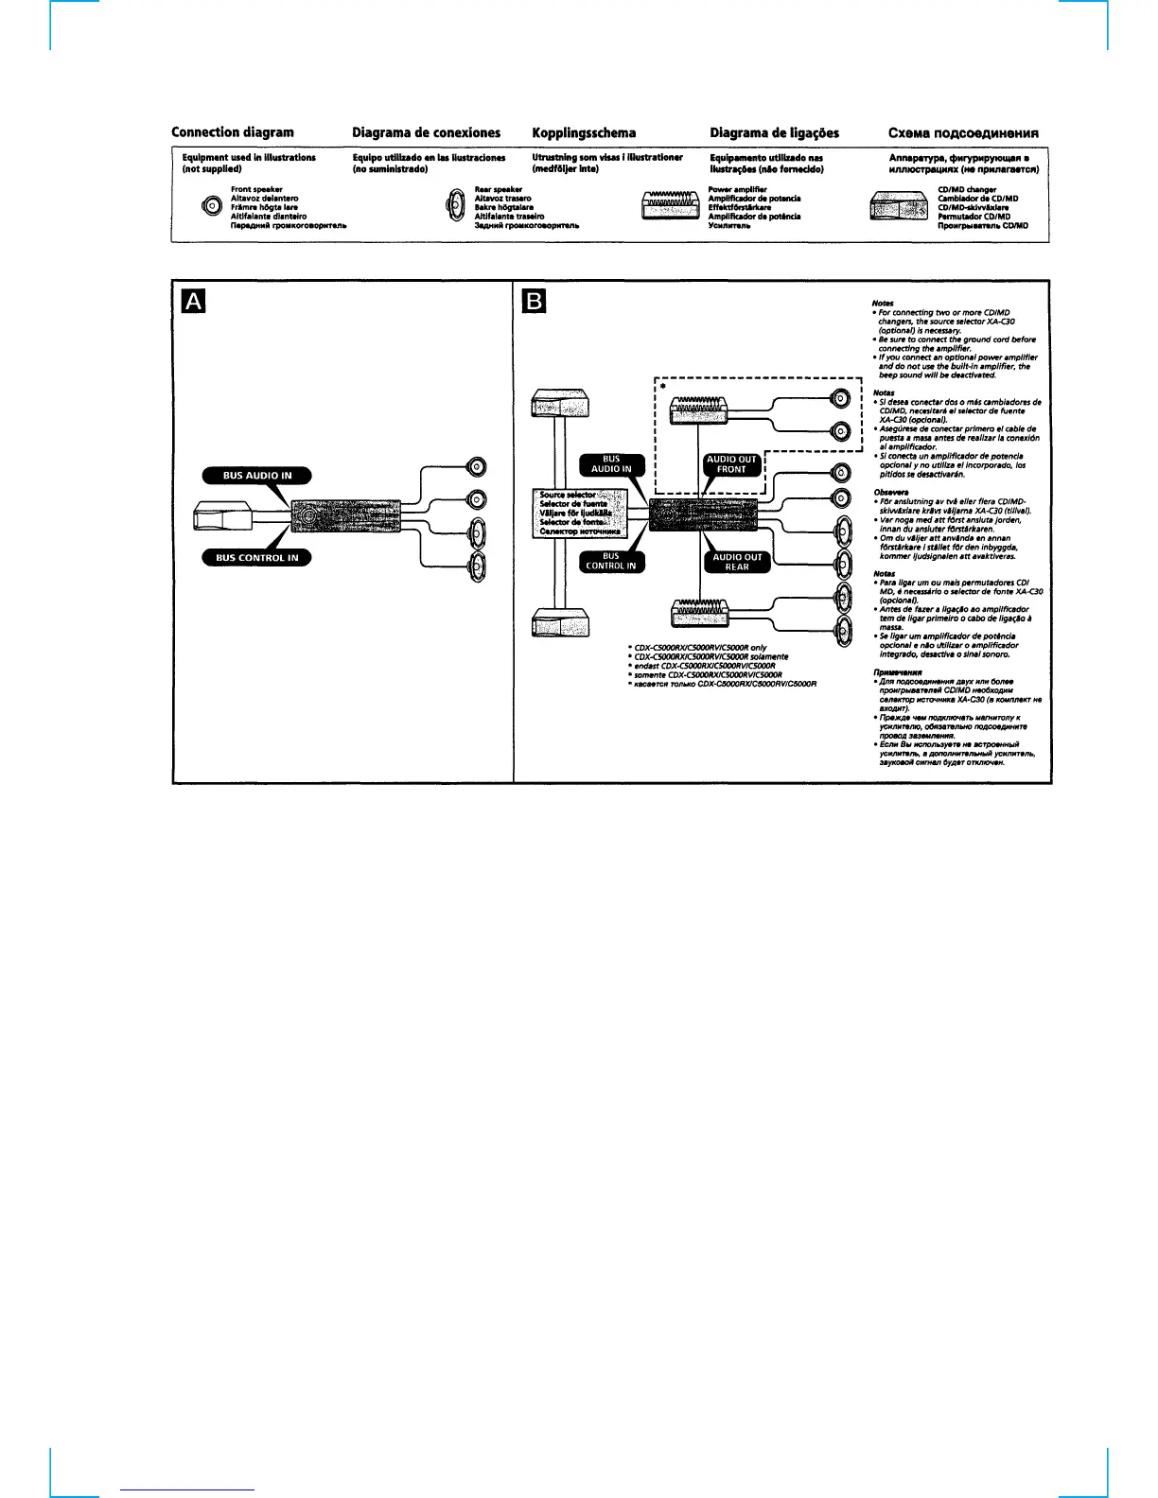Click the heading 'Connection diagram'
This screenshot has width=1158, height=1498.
pyautogui.click(x=232, y=132)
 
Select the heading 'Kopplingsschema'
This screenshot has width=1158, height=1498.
pyautogui.click(x=584, y=132)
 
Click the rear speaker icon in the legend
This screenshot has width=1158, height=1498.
pyautogui.click(x=454, y=207)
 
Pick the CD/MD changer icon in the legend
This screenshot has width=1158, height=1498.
pyautogui.click(x=898, y=207)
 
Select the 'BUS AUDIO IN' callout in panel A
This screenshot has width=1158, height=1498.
pyautogui.click(x=256, y=476)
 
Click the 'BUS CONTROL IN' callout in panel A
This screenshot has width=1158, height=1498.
pyautogui.click(x=256, y=557)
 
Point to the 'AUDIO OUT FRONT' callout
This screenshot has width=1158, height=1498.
pyautogui.click(x=732, y=464)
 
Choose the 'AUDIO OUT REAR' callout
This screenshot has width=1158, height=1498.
pyautogui.click(x=737, y=563)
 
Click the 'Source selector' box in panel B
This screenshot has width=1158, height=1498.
pyautogui.click(x=580, y=514)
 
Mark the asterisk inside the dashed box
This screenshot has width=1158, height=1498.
pyautogui.click(x=662, y=387)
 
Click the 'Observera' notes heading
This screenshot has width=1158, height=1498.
pyautogui.click(x=887, y=492)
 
